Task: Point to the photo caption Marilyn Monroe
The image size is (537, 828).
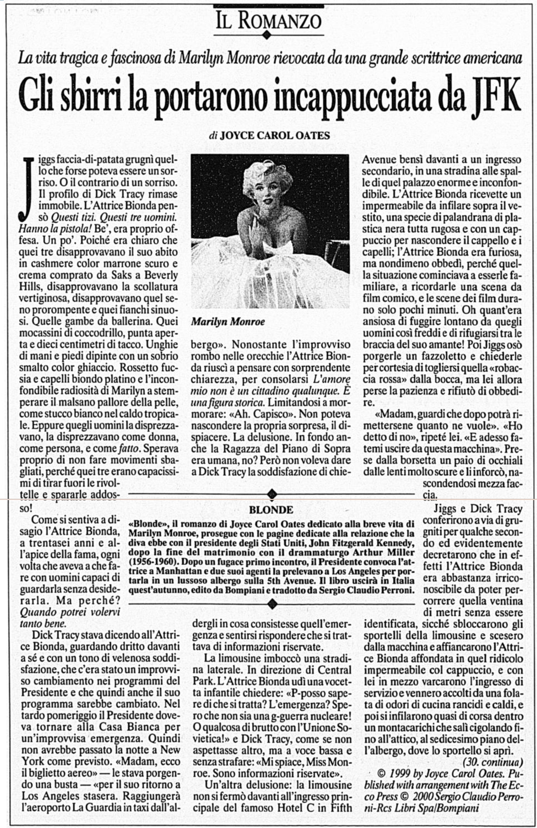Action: click(x=228, y=322)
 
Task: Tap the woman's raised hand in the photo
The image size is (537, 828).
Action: click(x=260, y=228)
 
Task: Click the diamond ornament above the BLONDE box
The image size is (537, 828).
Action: click(x=272, y=494)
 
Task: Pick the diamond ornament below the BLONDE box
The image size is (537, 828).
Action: click(x=272, y=604)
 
